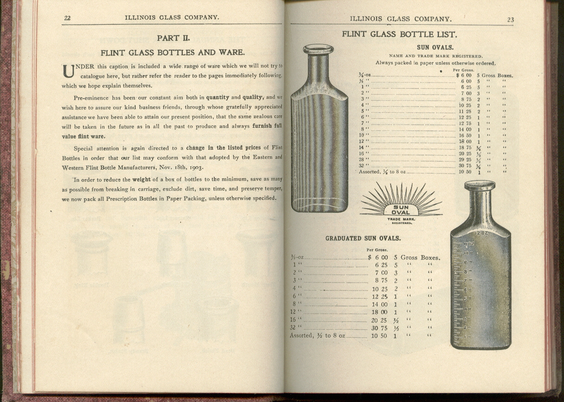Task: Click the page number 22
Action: click(x=67, y=18)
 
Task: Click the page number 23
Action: click(x=510, y=20)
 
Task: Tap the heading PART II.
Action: click(x=173, y=38)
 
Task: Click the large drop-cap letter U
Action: click(x=68, y=71)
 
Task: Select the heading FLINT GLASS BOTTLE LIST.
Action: click(x=399, y=34)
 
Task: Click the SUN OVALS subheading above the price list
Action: click(x=435, y=47)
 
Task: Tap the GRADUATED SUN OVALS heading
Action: click(x=363, y=238)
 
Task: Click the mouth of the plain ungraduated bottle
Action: click(x=318, y=48)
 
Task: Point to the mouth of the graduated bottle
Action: click(x=479, y=185)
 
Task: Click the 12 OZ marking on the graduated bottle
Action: click(x=481, y=233)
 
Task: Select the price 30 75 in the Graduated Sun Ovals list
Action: click(x=379, y=327)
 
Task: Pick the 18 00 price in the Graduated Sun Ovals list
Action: click(x=379, y=312)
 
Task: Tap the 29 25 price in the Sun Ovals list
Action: click(x=465, y=159)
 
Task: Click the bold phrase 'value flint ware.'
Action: click(x=83, y=136)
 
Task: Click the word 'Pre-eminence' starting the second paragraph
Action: click(x=91, y=98)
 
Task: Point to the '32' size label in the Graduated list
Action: click(x=293, y=327)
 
